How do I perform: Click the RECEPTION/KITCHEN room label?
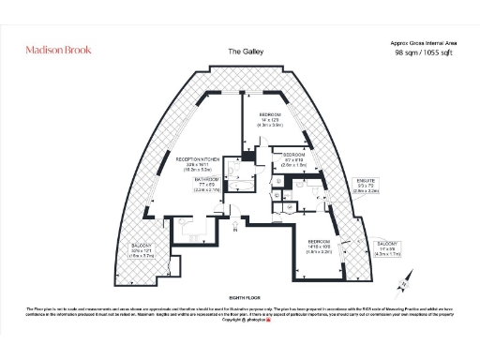[197, 159]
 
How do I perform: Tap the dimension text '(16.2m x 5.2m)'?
[197, 171]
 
